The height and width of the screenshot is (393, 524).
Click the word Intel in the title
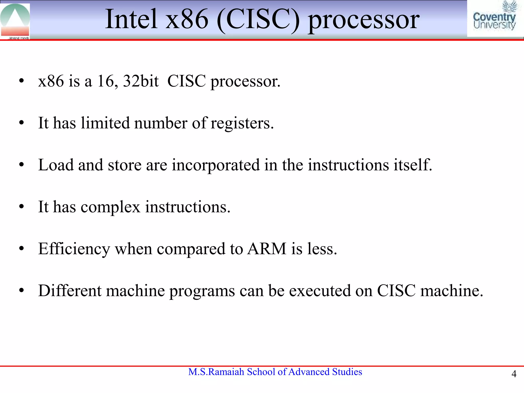(x=131, y=19)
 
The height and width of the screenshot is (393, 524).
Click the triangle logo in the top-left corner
(x=15, y=20)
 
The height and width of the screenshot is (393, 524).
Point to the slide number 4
(x=514, y=374)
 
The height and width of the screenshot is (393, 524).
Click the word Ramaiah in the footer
(x=226, y=372)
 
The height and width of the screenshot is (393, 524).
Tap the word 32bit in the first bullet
(x=141, y=81)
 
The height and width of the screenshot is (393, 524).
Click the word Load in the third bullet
(x=56, y=165)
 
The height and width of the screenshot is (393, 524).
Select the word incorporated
(x=216, y=165)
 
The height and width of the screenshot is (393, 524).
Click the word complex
(x=111, y=207)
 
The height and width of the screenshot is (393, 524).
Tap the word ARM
(x=266, y=249)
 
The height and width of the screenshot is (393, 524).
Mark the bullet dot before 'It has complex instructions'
(x=21, y=206)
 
